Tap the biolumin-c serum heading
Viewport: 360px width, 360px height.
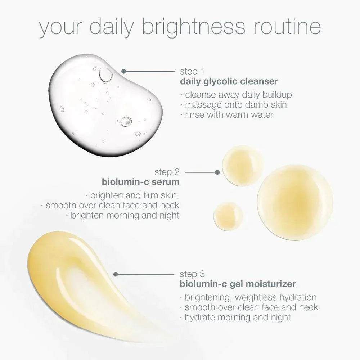[x=141, y=182]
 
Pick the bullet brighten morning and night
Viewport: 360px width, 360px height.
[x=123, y=216]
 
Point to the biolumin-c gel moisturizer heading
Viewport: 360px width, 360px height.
[x=238, y=284]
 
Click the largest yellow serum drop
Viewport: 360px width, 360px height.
[x=295, y=202]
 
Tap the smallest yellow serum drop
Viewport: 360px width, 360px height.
[x=228, y=216]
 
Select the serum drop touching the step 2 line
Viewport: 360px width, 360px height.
[x=242, y=166]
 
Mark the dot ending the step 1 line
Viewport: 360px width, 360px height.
[x=123, y=71]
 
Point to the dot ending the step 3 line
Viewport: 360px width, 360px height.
[x=116, y=274]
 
